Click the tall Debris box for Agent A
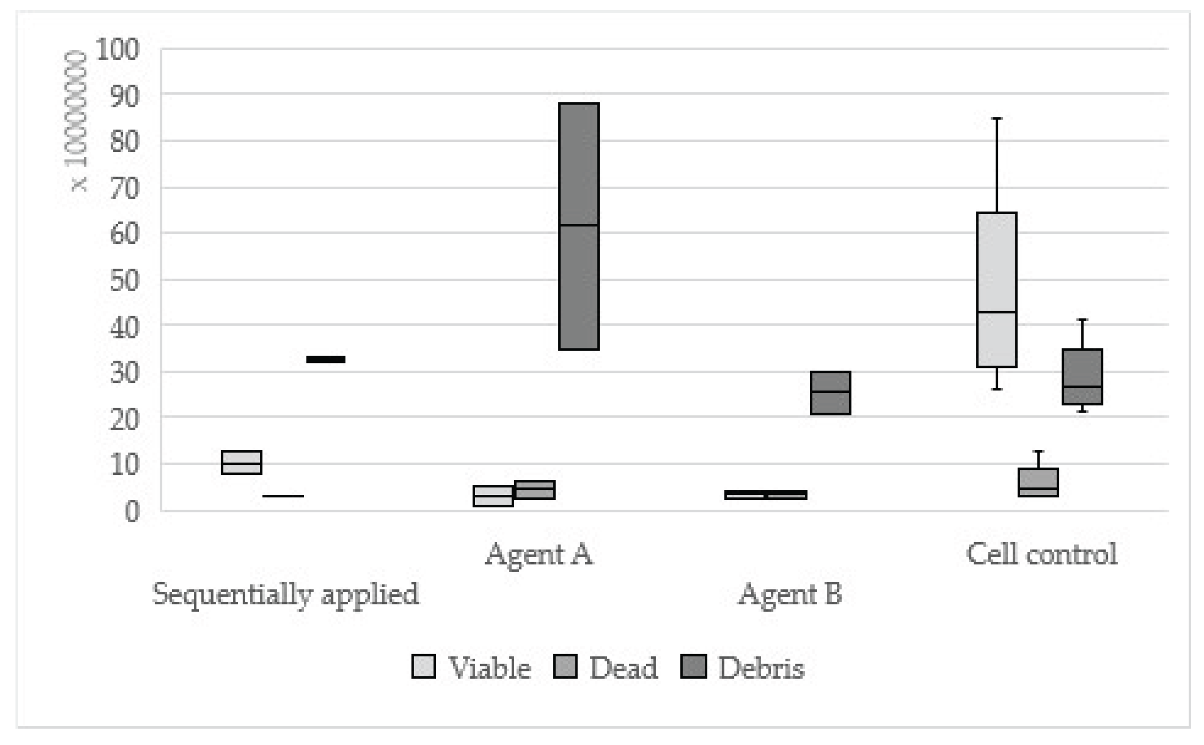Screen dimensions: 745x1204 (x=579, y=226)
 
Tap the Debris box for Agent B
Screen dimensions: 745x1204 (x=830, y=393)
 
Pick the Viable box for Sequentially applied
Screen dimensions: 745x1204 (x=242, y=462)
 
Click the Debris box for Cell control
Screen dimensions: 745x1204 (x=1082, y=377)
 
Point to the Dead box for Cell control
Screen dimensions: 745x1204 (x=1038, y=482)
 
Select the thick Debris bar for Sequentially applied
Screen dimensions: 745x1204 (x=326, y=359)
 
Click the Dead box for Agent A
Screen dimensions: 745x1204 (x=535, y=490)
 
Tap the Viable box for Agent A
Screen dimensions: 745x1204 (x=493, y=496)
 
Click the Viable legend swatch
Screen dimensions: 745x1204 (x=423, y=667)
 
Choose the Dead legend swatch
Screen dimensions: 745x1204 (x=565, y=667)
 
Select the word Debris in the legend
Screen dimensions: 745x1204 (x=761, y=668)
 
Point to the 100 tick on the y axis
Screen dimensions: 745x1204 (x=118, y=49)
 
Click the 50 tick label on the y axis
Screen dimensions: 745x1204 (x=124, y=281)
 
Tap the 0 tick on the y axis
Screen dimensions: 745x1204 (x=132, y=512)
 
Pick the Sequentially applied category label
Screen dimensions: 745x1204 (x=285, y=594)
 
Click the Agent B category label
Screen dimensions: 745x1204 (x=789, y=594)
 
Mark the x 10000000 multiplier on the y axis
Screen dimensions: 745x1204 (x=76, y=121)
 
